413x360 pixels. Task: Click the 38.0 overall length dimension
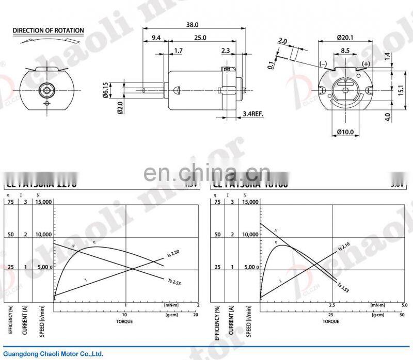coord(192,24)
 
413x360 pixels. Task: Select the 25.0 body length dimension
coord(200,38)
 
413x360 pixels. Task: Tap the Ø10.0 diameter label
coord(345,132)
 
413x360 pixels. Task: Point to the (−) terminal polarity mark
coord(323,64)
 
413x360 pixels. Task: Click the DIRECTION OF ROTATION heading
coord(48,30)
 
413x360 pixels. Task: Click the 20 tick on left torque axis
coord(196,315)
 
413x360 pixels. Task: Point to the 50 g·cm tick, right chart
coord(402,315)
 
